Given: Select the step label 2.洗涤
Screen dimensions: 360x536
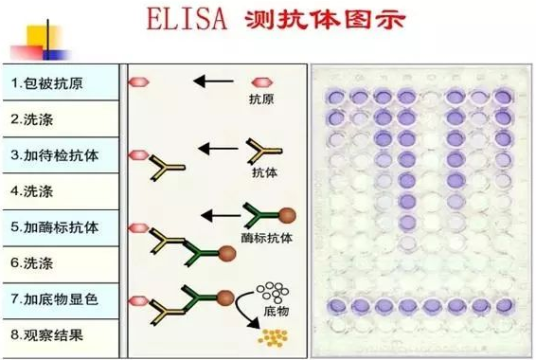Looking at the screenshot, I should (x=34, y=119).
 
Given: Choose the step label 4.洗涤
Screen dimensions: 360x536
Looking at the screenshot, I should (x=34, y=191).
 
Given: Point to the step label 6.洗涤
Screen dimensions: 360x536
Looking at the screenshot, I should (x=34, y=263).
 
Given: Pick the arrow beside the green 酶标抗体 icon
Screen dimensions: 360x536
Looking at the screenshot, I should (x=223, y=214).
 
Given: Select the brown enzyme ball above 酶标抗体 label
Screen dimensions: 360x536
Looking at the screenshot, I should (x=285, y=215).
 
